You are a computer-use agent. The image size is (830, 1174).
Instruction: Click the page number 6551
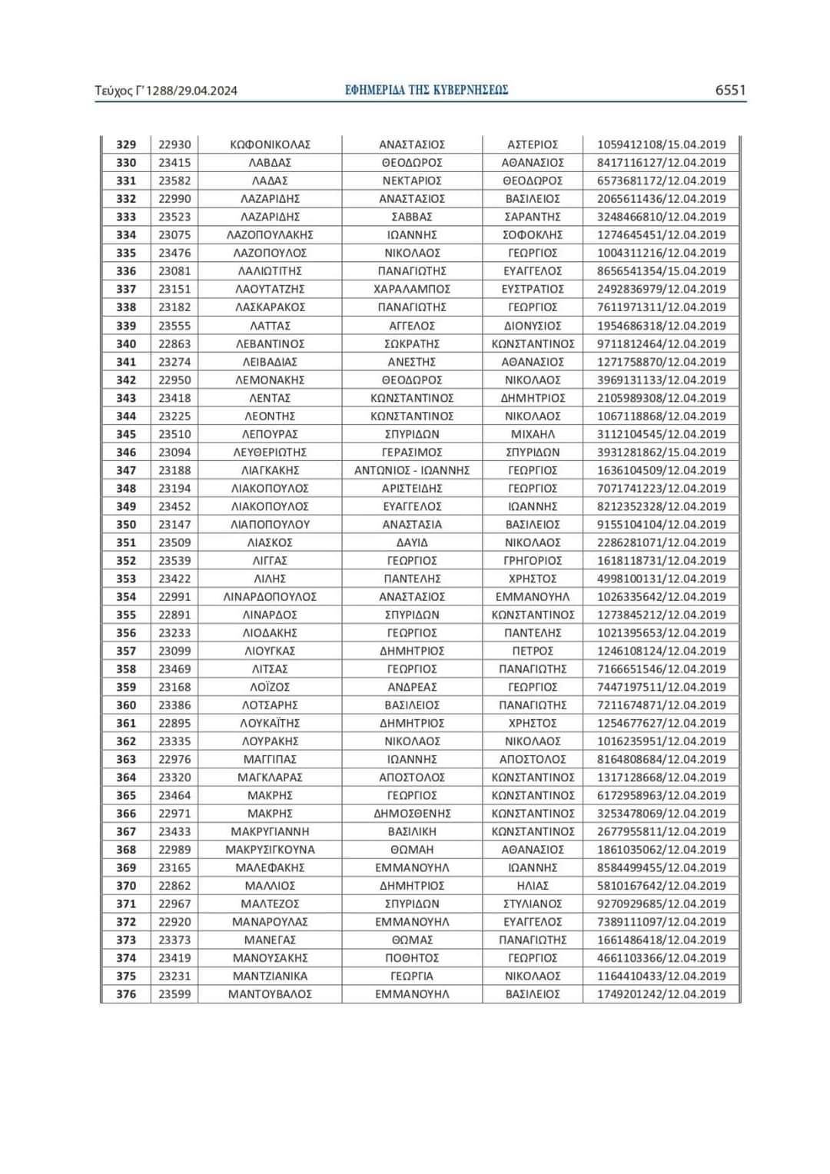pyautogui.click(x=730, y=90)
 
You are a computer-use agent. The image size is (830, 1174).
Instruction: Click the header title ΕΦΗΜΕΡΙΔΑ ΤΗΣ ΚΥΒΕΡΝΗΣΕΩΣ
pyautogui.click(x=427, y=90)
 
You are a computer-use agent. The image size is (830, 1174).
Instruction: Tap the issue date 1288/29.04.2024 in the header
pyautogui.click(x=191, y=91)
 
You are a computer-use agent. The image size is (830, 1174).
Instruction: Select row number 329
pyautogui.click(x=126, y=144)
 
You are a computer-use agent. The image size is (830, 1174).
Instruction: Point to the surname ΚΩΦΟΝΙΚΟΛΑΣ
pyautogui.click(x=270, y=144)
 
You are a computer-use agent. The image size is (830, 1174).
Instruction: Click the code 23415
pyautogui.click(x=174, y=163)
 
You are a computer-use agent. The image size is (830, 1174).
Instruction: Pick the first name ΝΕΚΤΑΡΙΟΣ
pyautogui.click(x=412, y=181)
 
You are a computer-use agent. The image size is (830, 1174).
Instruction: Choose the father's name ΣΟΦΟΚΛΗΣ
pyautogui.click(x=533, y=235)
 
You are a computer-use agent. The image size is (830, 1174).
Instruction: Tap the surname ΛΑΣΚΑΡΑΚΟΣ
pyautogui.click(x=270, y=307)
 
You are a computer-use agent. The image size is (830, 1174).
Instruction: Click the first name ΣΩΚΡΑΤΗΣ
pyautogui.click(x=412, y=343)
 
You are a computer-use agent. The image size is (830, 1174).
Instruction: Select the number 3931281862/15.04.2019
pyautogui.click(x=661, y=453)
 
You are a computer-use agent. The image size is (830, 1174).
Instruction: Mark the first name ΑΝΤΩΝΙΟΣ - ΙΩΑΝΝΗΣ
pyautogui.click(x=412, y=470)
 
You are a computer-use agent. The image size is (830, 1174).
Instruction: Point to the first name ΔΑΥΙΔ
pyautogui.click(x=412, y=542)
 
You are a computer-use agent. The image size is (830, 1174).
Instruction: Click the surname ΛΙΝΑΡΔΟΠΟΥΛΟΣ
pyautogui.click(x=270, y=597)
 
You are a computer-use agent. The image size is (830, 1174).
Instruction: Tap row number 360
pyautogui.click(x=126, y=705)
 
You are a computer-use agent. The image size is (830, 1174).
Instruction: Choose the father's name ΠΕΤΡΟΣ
pyautogui.click(x=533, y=651)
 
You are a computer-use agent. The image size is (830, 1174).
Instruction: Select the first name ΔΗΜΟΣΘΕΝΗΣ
pyautogui.click(x=412, y=814)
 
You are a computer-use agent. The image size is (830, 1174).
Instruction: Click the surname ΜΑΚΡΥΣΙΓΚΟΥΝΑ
pyautogui.click(x=270, y=850)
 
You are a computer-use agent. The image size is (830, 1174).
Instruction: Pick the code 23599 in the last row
pyautogui.click(x=174, y=994)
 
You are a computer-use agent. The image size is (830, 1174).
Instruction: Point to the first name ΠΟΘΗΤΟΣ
pyautogui.click(x=412, y=958)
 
